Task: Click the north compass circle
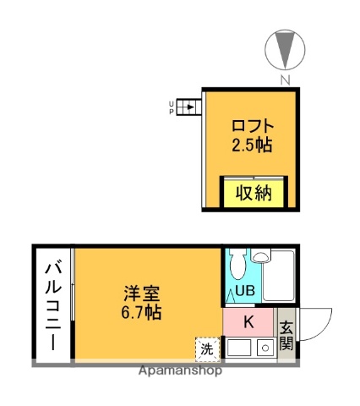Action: pyautogui.click(x=284, y=50)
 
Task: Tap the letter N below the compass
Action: pyautogui.click(x=285, y=80)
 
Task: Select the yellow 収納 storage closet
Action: pyautogui.click(x=254, y=192)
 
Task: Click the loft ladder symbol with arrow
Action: pyautogui.click(x=190, y=107)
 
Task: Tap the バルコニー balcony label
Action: pyautogui.click(x=52, y=304)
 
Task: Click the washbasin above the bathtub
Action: pyautogui.click(x=261, y=255)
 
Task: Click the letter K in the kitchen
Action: pyautogui.click(x=248, y=321)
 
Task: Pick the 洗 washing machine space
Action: pyautogui.click(x=206, y=348)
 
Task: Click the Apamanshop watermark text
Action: pyautogui.click(x=183, y=370)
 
